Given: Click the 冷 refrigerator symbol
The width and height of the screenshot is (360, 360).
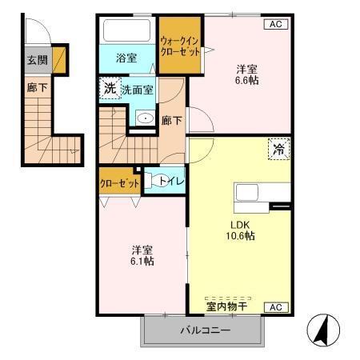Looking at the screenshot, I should [279, 149].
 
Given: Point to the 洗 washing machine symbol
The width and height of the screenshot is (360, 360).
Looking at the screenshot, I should [108, 89].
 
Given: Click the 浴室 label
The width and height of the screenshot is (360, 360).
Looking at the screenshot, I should [125, 58].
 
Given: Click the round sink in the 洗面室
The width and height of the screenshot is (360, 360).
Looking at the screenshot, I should [143, 119].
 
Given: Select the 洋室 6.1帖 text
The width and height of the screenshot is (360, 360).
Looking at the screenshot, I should [143, 255].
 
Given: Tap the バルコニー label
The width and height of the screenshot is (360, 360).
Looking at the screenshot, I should [204, 330].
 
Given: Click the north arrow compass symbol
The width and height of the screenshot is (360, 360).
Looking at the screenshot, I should [324, 330].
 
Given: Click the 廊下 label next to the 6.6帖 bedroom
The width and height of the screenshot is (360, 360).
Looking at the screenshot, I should [170, 121].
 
